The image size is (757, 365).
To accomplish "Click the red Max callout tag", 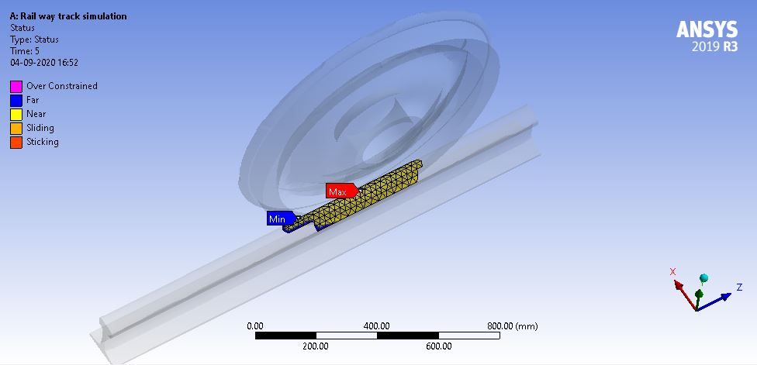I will pyautogui.click(x=340, y=191).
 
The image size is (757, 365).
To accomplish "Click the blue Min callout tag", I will pyautogui.click(x=279, y=219).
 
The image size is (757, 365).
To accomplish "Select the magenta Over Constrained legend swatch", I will pyautogui.click(x=16, y=86).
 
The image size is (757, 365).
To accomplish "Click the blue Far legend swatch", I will pyautogui.click(x=16, y=100).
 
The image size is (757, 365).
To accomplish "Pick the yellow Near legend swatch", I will pyautogui.click(x=16, y=114).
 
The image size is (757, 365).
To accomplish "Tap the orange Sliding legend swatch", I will pyautogui.click(x=16, y=128).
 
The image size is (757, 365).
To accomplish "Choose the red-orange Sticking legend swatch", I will pyautogui.click(x=16, y=142).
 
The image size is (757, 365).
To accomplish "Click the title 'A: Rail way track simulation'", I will pyautogui.click(x=68, y=16).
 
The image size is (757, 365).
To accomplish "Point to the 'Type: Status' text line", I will pyautogui.click(x=34, y=40).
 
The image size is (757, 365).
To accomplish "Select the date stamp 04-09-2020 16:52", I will pyautogui.click(x=44, y=63).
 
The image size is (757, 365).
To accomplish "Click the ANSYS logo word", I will pyautogui.click(x=707, y=30).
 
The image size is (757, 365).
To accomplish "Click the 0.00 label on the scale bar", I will pyautogui.click(x=255, y=325).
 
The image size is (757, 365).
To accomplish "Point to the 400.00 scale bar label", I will pyautogui.click(x=377, y=325).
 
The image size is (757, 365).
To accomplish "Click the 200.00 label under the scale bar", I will pyautogui.click(x=316, y=346).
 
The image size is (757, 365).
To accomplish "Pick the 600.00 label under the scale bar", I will pyautogui.click(x=438, y=346).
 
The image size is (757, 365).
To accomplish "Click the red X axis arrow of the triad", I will pyautogui.click(x=678, y=284).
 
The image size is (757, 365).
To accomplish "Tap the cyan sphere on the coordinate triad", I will pyautogui.click(x=704, y=277).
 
